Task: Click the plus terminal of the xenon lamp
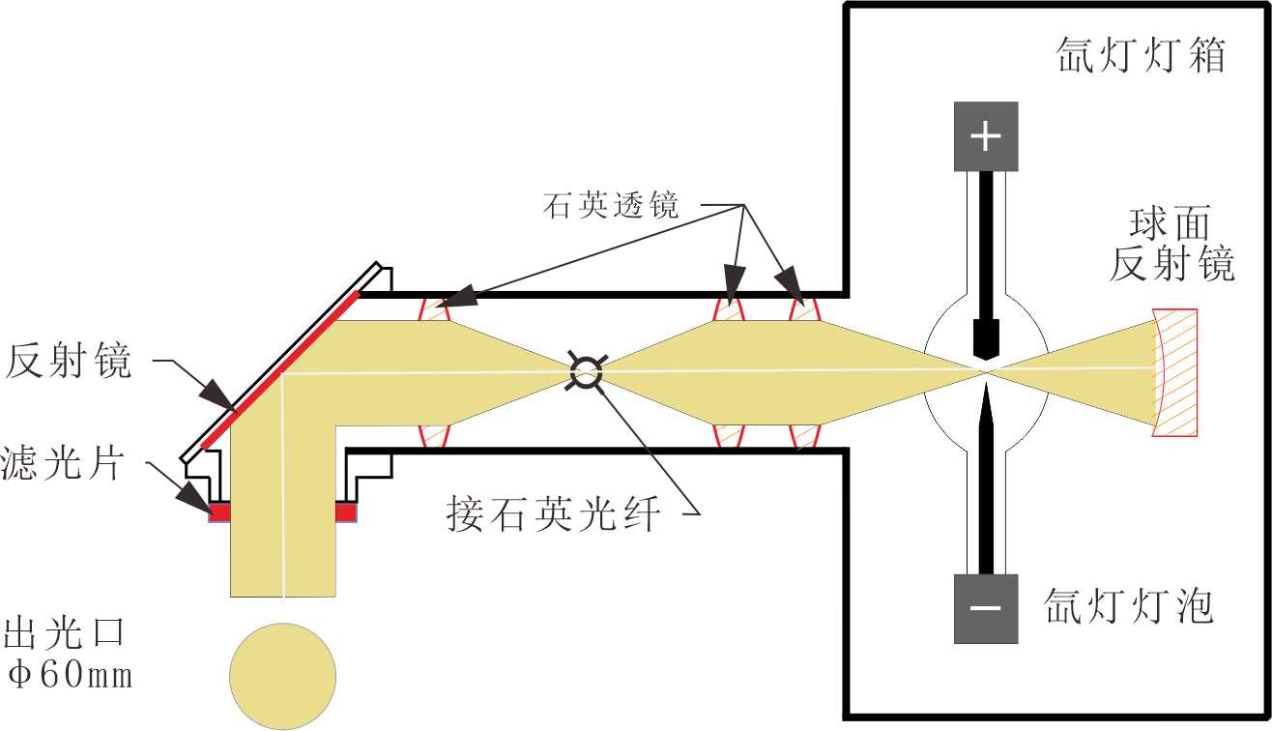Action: coord(985,136)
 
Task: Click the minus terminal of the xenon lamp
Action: coord(985,609)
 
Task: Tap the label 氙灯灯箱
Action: coord(1141,56)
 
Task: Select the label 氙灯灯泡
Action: coord(1128,607)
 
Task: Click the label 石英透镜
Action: coord(612,206)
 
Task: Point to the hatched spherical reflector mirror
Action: coord(1176,372)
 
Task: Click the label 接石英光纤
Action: coord(554,513)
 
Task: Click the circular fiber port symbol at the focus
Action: coord(585,369)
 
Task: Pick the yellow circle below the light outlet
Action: coord(282,676)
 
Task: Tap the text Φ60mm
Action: coord(69,675)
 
